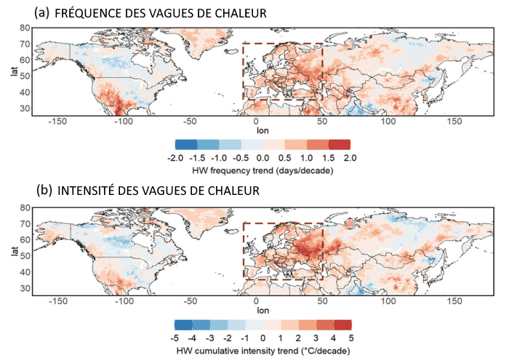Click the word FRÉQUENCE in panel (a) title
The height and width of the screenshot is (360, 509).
pos(85,13)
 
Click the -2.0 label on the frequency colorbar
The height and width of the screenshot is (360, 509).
pos(175,158)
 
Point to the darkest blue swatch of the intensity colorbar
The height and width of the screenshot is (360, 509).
pos(183,325)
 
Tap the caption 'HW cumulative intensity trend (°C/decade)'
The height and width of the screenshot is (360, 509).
pos(262,351)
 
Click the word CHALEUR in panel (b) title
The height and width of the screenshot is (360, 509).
pos(240,191)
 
